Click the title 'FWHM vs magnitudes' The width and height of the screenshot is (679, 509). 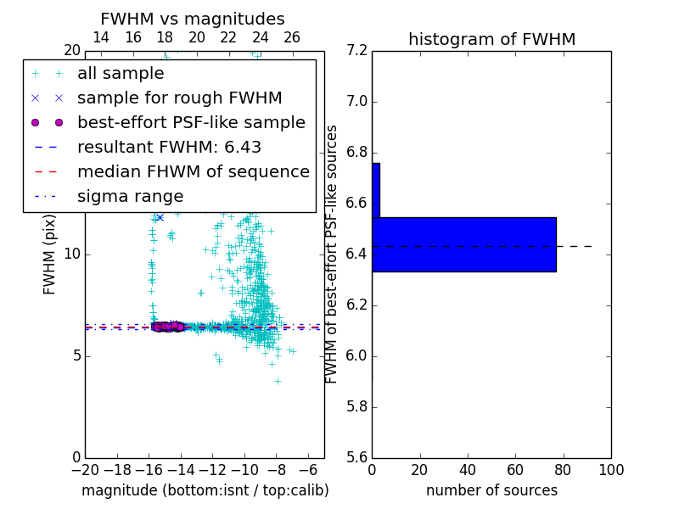tap(192, 20)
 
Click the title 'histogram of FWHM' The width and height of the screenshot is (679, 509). tap(491, 40)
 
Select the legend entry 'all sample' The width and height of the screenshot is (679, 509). tap(121, 74)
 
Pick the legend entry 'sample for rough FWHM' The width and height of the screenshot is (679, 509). tap(179, 98)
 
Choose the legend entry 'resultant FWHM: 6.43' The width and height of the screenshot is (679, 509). tap(169, 148)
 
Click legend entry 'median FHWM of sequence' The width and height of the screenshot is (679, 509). tap(193, 172)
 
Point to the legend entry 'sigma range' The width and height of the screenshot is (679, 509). tap(130, 197)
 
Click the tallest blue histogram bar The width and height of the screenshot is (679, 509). tap(463, 244)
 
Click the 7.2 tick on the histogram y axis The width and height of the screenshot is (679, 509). tap(357, 51)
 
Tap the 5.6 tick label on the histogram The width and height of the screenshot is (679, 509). tap(357, 457)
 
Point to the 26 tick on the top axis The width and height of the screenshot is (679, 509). tap(292, 38)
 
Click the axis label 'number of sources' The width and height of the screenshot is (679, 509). tap(491, 490)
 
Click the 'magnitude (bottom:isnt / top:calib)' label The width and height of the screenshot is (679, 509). tap(205, 490)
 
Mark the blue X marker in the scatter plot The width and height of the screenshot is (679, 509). tap(159, 218)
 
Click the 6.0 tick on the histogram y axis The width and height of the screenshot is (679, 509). tap(357, 355)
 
